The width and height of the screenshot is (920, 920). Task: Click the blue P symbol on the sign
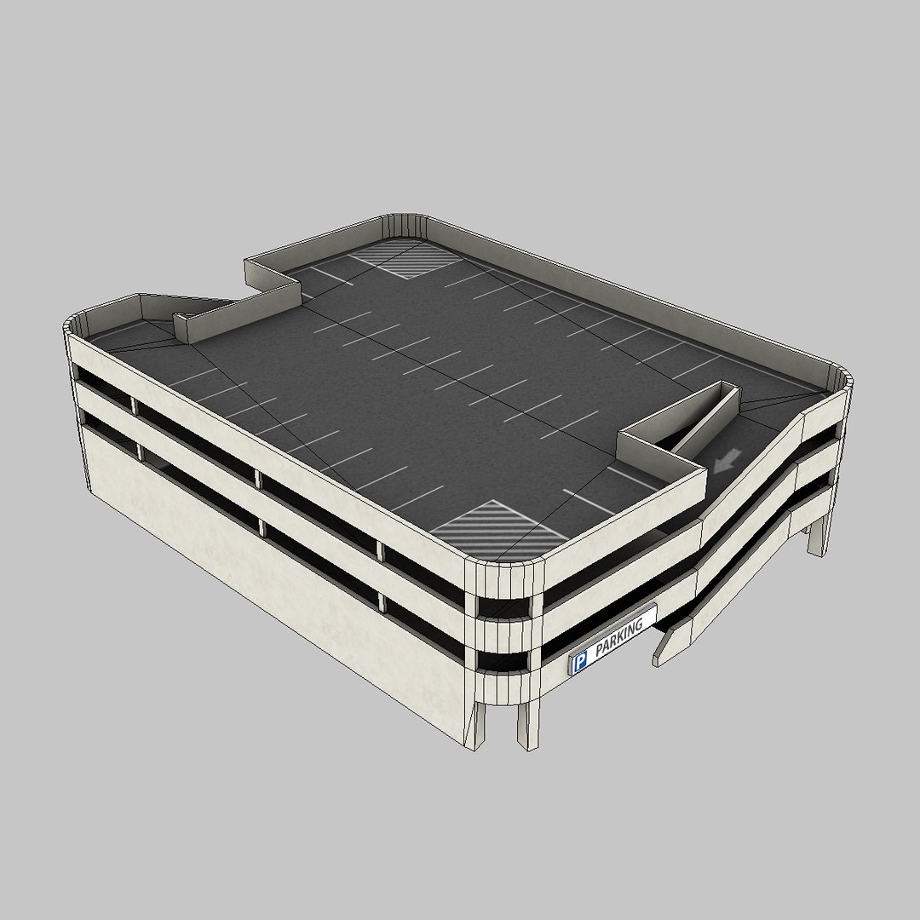[580, 662]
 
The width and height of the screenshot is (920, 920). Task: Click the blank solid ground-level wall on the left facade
[256, 562]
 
